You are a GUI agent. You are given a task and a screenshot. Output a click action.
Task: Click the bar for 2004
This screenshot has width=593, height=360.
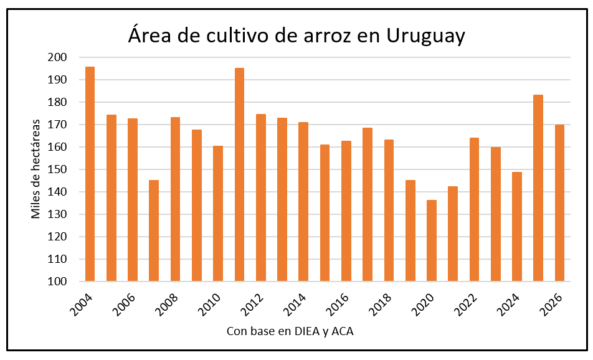tap(90, 174)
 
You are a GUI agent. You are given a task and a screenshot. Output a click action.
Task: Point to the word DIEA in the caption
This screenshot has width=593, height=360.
tap(309, 331)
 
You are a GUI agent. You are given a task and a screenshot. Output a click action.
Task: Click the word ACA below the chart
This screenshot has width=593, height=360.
tap(343, 331)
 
